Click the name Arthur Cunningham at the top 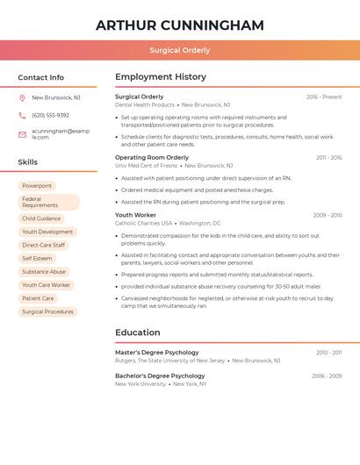pos(179,25)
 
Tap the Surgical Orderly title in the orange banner pos(179,51)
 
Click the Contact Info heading pos(41,77)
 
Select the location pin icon pos(22,98)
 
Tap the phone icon pos(22,116)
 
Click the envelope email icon pos(22,134)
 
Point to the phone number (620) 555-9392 pos(50,116)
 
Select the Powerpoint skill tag pos(37,186)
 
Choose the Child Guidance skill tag pos(41,218)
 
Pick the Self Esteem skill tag pos(37,259)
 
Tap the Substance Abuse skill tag pos(44,272)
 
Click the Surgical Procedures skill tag pos(47,311)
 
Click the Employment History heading pos(161,77)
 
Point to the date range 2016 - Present pos(324,97)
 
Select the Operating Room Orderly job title pos(152,158)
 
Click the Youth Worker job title pos(135,215)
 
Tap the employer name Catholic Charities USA pos(143,224)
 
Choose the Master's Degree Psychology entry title pos(157,353)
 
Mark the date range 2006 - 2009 pos(327,376)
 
